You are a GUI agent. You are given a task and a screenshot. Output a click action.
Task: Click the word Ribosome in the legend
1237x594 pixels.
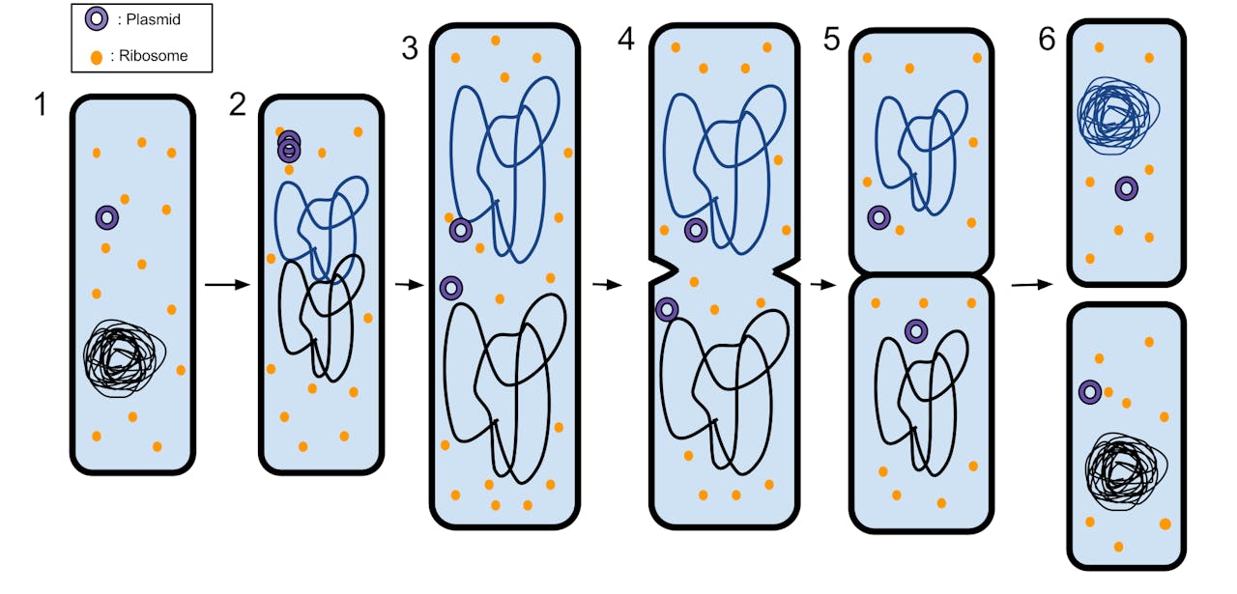click(154, 56)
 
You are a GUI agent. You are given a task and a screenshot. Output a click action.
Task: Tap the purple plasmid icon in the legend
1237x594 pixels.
click(96, 19)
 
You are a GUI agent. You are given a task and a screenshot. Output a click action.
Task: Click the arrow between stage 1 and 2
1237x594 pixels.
click(227, 285)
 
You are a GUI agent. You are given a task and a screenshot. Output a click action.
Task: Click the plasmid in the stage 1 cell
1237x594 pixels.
click(107, 218)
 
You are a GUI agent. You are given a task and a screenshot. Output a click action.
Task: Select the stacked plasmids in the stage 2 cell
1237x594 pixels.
click(288, 147)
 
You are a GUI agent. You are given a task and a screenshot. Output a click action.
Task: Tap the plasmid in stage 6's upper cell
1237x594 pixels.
click(1126, 188)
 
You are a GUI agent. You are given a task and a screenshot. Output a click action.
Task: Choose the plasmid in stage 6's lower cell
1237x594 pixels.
click(1089, 392)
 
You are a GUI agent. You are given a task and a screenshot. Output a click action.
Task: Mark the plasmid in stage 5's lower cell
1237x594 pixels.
click(915, 331)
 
